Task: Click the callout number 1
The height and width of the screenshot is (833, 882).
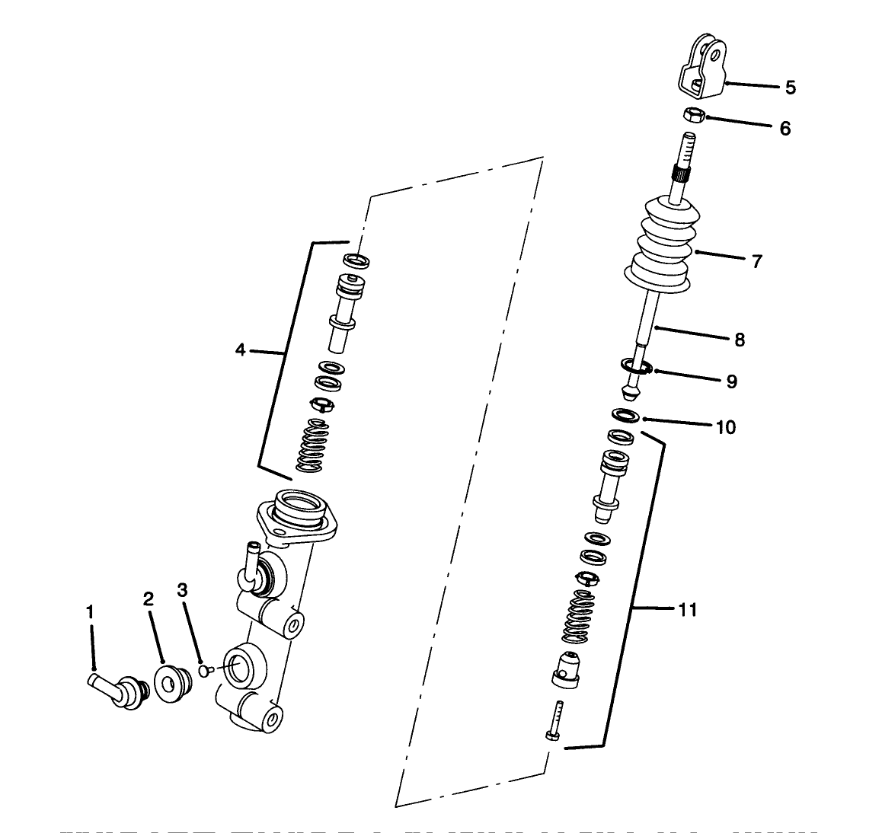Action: point(90,611)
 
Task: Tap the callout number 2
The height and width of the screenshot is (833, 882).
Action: point(148,599)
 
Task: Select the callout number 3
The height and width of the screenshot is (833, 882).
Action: point(182,590)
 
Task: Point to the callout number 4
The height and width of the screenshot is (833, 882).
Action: point(241,351)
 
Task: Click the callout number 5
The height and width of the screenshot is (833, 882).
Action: point(790,88)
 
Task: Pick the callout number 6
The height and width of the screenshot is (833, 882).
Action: point(785,128)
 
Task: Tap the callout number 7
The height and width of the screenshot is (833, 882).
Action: point(756,261)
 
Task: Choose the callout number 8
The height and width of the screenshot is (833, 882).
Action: point(740,340)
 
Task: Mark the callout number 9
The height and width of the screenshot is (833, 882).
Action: point(731,381)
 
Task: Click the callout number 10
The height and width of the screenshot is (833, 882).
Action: point(726,427)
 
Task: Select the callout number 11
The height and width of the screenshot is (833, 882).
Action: point(687,609)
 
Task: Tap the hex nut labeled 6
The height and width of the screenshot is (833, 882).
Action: point(693,116)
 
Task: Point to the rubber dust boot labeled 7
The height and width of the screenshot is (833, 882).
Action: point(660,244)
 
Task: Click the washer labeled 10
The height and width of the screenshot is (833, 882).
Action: point(625,416)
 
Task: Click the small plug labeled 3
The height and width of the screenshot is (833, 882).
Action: point(203,671)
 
